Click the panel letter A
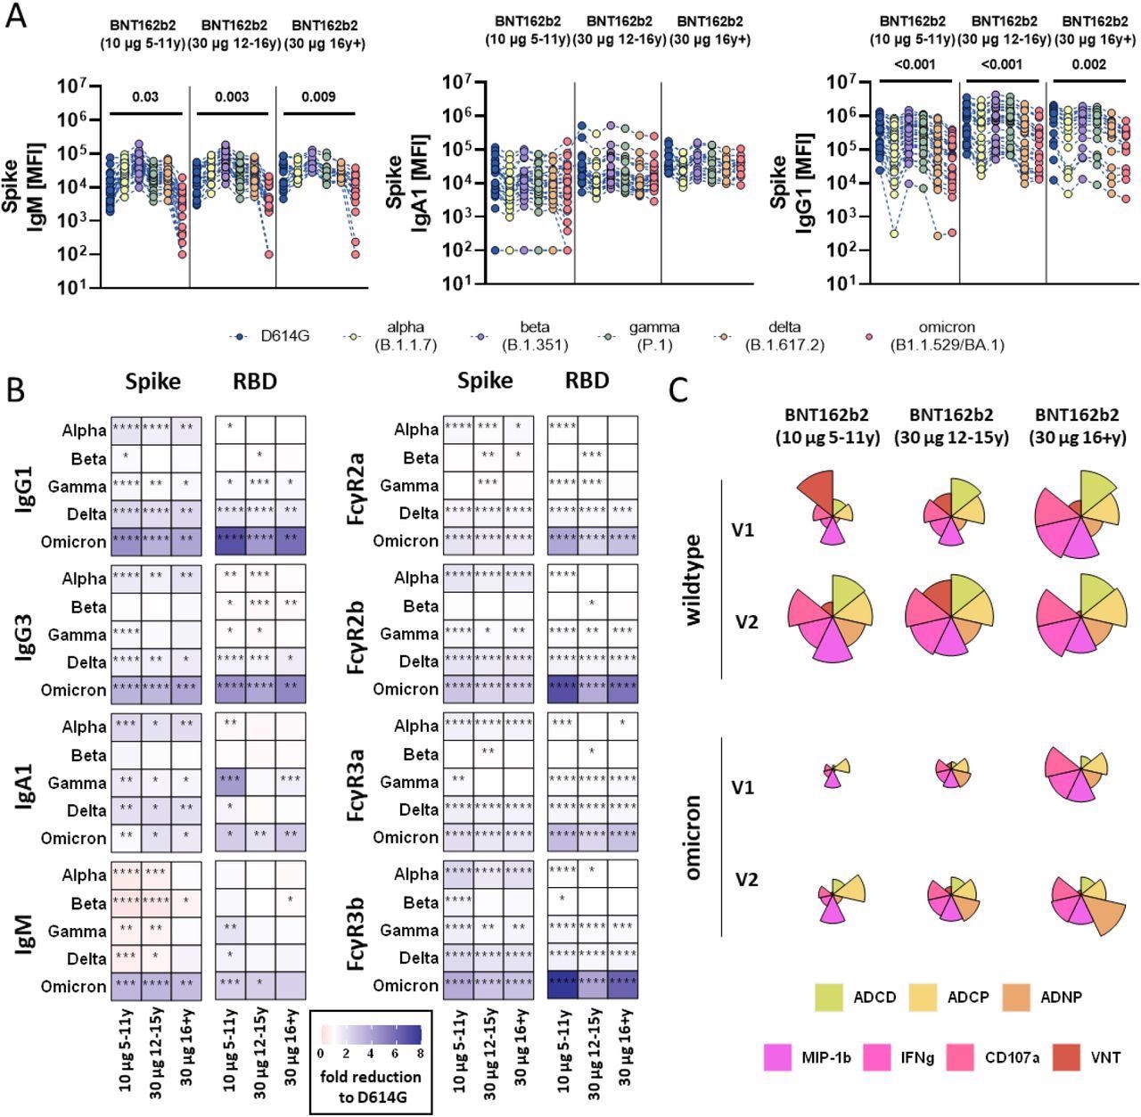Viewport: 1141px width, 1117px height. pyautogui.click(x=16, y=16)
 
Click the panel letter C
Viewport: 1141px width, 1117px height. pyautogui.click(x=679, y=389)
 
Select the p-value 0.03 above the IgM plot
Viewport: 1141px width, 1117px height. pyautogui.click(x=145, y=96)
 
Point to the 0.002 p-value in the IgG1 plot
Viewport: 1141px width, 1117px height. pyautogui.click(x=1088, y=64)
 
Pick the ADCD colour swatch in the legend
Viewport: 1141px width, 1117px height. pyautogui.click(x=830, y=997)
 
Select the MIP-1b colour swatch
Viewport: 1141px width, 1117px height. pyautogui.click(x=778, y=1057)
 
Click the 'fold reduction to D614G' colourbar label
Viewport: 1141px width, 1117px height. pyautogui.click(x=370, y=1085)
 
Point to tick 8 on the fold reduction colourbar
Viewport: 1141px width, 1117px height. pyautogui.click(x=419, y=1052)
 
